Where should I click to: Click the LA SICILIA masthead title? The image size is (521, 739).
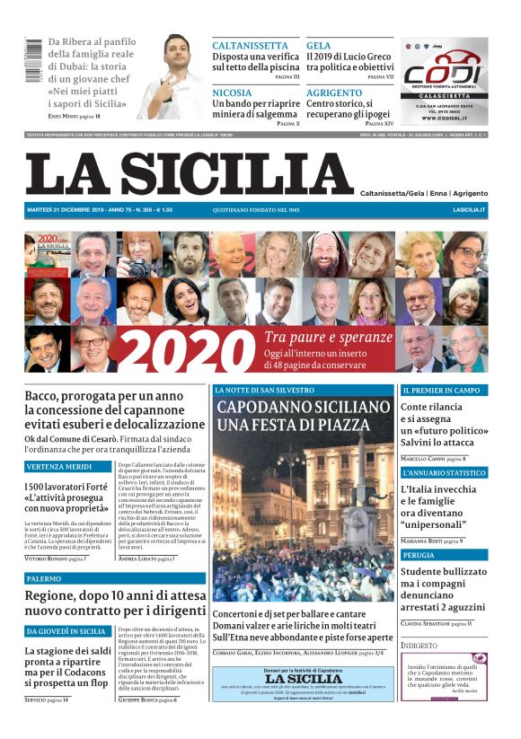tap(190, 174)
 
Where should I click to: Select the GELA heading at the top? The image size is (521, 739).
tap(318, 45)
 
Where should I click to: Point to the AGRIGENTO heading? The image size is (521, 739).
tap(334, 92)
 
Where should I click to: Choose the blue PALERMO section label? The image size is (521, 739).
tap(45, 579)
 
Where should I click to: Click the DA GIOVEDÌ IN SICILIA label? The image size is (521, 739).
tap(67, 631)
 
